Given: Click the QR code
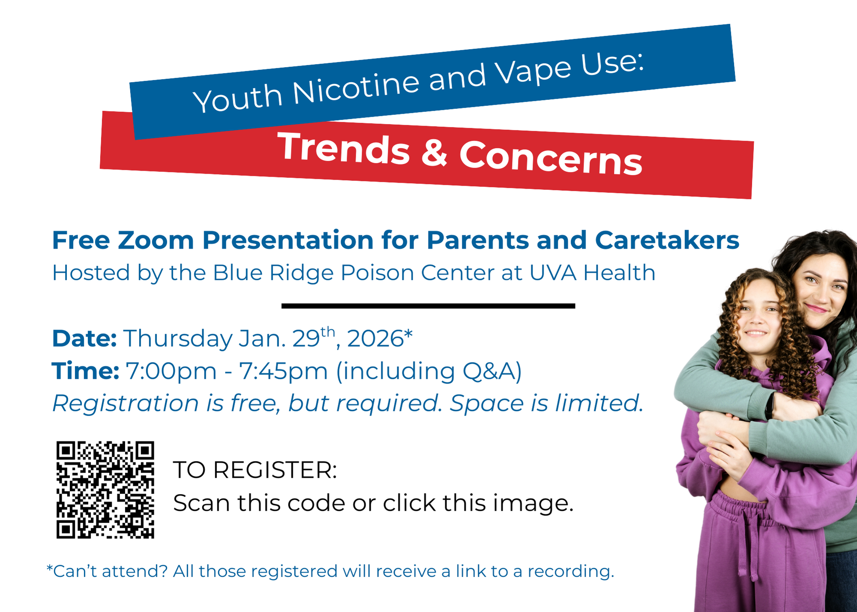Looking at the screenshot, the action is [105, 490].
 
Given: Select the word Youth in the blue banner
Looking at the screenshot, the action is [238, 98].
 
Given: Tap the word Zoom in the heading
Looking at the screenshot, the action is [156, 240].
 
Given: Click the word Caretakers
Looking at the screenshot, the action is [667, 240].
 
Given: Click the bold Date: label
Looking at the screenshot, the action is [84, 339].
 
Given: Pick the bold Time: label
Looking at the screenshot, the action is [85, 371].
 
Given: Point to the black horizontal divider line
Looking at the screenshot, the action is [428, 306].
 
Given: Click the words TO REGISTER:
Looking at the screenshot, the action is [255, 470].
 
